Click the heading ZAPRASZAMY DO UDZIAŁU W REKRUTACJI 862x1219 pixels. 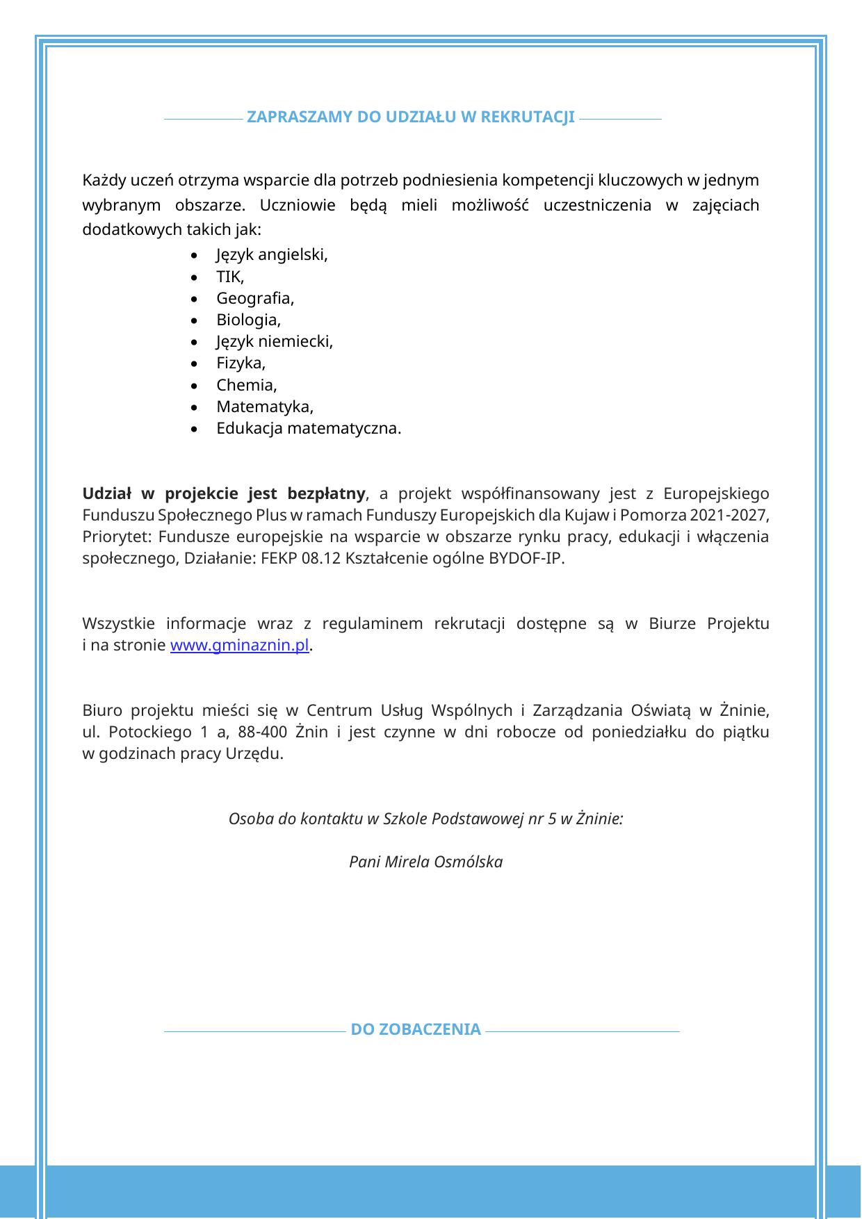click(x=411, y=117)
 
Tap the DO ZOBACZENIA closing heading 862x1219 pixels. click(x=416, y=1029)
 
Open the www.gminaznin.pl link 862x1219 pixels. click(x=239, y=645)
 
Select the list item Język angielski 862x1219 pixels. click(x=272, y=255)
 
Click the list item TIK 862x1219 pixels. click(x=230, y=277)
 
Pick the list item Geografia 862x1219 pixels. click(x=255, y=299)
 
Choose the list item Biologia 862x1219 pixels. click(x=248, y=320)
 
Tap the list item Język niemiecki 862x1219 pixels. click(x=275, y=342)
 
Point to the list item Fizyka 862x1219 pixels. click(x=241, y=363)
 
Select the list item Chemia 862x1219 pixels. click(x=247, y=385)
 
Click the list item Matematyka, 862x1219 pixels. click(x=265, y=407)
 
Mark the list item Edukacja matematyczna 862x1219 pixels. click(x=309, y=428)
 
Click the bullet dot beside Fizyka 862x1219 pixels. click(x=193, y=364)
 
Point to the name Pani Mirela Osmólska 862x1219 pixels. click(x=425, y=862)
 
